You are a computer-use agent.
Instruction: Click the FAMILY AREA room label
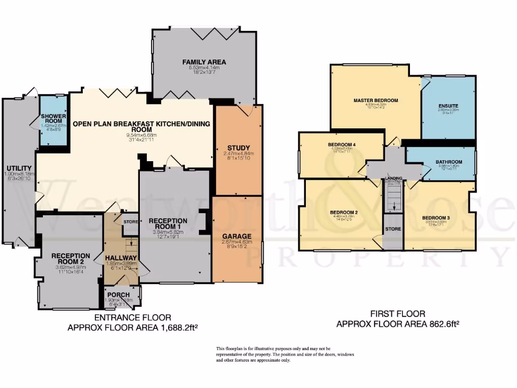(x=204, y=62)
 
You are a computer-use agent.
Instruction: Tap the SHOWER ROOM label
(x=54, y=118)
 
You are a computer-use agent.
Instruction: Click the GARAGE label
(x=237, y=236)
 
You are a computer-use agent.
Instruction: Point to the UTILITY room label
(x=19, y=168)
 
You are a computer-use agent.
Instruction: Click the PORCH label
(x=119, y=295)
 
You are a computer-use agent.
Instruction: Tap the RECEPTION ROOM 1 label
(x=168, y=224)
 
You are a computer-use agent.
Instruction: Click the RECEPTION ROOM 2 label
(x=71, y=259)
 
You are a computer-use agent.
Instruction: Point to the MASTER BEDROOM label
(x=376, y=101)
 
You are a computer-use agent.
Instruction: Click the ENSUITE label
(x=448, y=106)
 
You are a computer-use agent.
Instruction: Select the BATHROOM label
(x=449, y=162)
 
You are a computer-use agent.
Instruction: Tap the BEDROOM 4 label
(x=342, y=145)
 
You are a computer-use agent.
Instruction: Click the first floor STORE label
(x=393, y=229)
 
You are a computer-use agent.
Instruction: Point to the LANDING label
(x=393, y=179)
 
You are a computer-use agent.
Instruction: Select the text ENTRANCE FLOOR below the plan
(x=133, y=318)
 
